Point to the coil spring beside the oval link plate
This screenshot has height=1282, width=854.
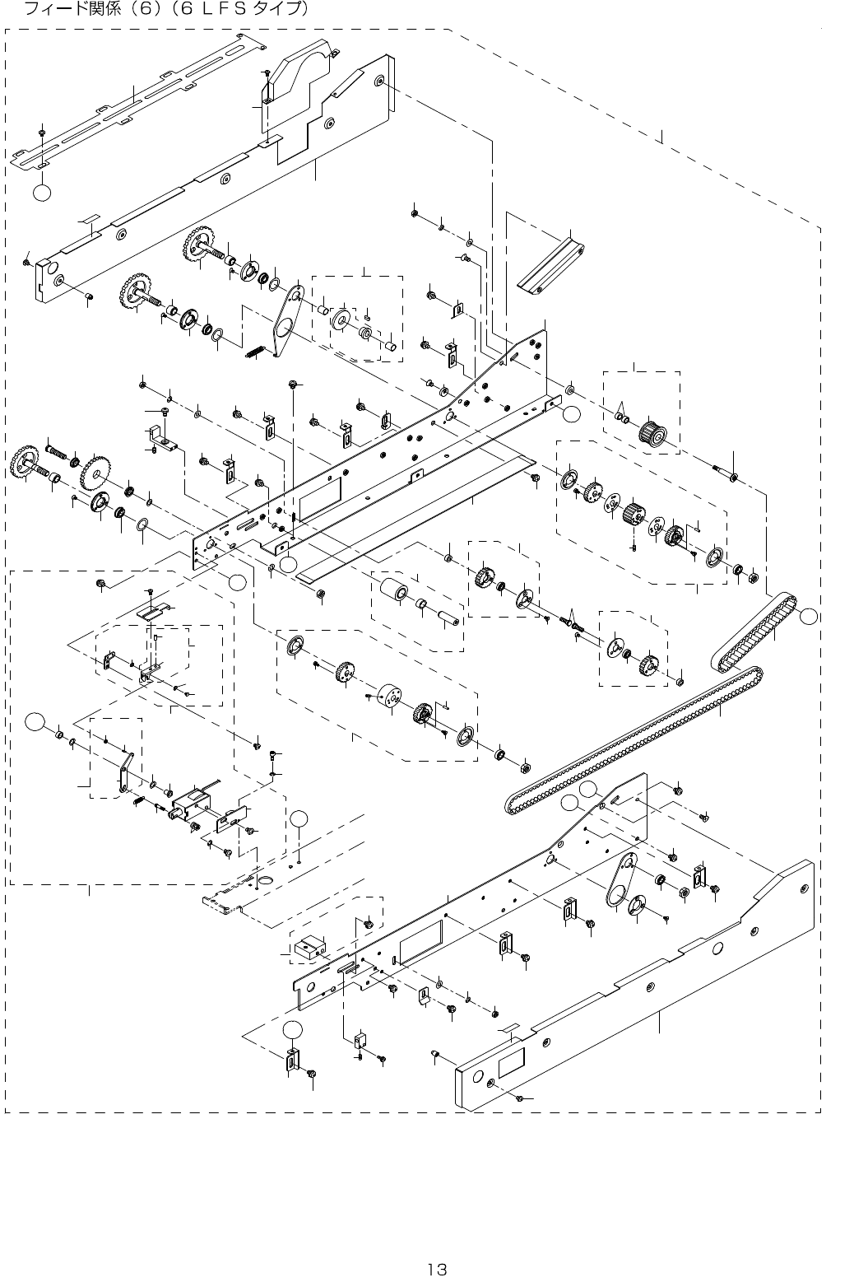point(258,349)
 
